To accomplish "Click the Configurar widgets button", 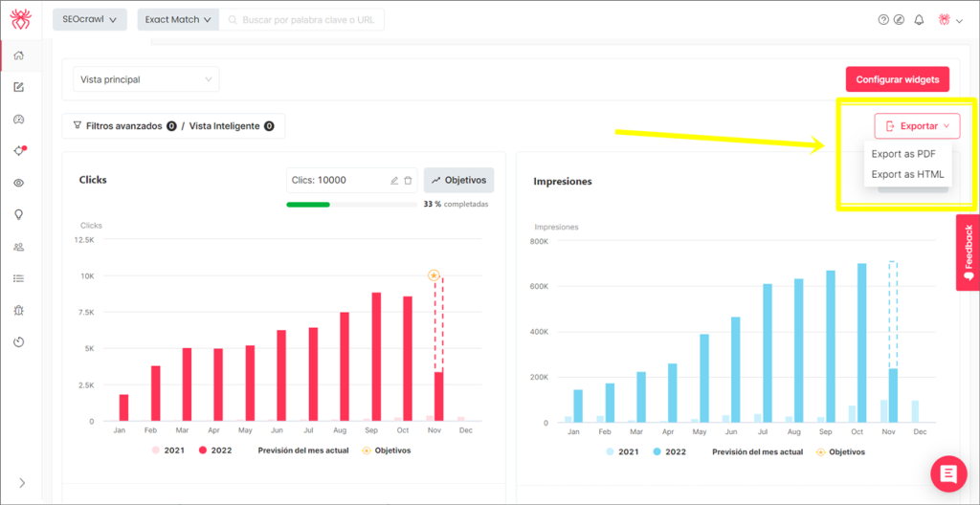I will click(897, 79).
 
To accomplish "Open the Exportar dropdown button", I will click(916, 126).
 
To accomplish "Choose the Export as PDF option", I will click(903, 154).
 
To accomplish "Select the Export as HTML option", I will click(907, 174).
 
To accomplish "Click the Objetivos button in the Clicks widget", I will click(458, 180).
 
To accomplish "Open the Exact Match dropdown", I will click(178, 19).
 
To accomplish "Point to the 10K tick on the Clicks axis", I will click(87, 276).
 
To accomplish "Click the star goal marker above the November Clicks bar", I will click(434, 275).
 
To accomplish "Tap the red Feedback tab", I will click(968, 252).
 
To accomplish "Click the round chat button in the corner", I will click(947, 473).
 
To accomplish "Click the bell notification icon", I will click(919, 19).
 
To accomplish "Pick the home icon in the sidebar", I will click(18, 55).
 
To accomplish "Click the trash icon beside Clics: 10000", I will click(408, 180).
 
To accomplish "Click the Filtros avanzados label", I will click(122, 126).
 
